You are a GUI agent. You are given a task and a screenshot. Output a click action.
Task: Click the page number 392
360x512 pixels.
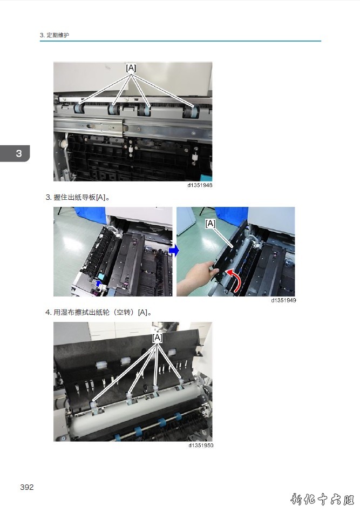click(x=27, y=487)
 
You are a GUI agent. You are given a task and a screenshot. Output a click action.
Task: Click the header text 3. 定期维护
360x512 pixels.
click(x=55, y=35)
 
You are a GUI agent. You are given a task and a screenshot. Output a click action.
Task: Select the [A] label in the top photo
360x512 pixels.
click(x=131, y=68)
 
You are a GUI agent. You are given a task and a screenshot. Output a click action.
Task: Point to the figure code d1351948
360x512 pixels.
click(x=200, y=185)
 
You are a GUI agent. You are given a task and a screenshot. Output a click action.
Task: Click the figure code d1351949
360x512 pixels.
click(x=283, y=300)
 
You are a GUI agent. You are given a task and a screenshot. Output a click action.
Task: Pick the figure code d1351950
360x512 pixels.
click(x=201, y=446)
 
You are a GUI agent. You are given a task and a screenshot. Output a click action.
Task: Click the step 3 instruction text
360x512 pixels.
click(x=77, y=198)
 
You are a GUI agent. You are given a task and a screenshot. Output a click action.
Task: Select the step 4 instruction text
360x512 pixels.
click(x=98, y=313)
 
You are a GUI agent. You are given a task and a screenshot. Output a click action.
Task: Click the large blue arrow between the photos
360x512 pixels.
click(x=174, y=251)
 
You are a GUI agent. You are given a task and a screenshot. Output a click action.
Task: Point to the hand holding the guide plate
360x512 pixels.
click(x=195, y=278)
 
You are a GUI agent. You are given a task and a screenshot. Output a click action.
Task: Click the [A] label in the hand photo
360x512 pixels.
click(x=210, y=224)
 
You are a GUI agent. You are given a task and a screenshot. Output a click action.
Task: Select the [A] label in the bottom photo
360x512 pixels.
click(x=157, y=338)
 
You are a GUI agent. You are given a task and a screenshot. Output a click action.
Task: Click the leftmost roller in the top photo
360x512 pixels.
click(x=79, y=109)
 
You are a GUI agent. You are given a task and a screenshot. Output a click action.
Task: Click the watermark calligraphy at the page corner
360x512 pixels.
click(x=322, y=500)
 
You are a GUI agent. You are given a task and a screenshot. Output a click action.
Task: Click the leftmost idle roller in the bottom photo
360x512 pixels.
click(x=93, y=406)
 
